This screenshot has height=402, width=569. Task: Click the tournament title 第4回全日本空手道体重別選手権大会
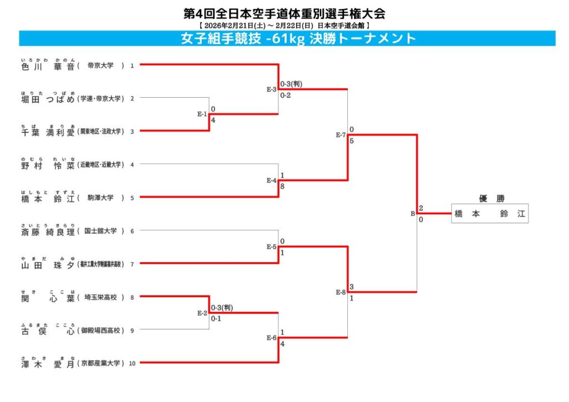[284, 13]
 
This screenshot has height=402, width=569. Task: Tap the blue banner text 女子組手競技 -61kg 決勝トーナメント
[298, 38]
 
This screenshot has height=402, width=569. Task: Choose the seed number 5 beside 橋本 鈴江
[132, 198]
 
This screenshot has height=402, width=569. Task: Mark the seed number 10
[132, 364]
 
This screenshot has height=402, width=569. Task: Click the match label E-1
[202, 115]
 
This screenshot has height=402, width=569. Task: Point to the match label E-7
[341, 135]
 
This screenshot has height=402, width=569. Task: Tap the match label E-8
[341, 292]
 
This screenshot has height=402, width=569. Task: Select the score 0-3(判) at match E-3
[291, 84]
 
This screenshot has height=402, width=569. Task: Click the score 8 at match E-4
[282, 186]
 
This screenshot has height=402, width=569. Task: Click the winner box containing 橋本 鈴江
[490, 214]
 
